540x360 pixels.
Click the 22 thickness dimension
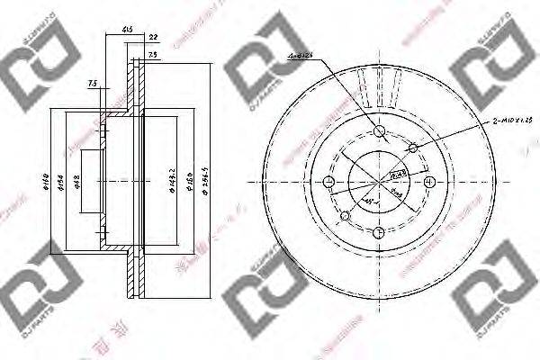coord(153,36)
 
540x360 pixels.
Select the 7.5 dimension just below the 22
coord(153,54)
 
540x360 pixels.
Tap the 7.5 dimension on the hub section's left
coord(93,85)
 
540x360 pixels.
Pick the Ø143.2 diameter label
coord(169,180)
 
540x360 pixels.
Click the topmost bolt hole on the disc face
coord(381,133)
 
